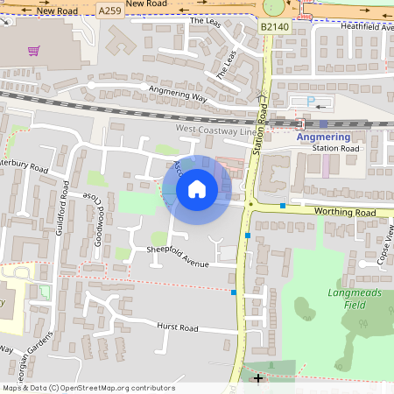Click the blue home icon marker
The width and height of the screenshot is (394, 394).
(197, 188)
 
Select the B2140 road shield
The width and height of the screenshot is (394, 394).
(274, 28)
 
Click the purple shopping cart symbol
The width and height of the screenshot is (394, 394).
(34, 52)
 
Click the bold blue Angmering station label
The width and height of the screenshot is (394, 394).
(323, 137)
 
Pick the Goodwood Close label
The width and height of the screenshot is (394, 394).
(98, 219)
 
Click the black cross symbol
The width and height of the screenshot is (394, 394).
(257, 377)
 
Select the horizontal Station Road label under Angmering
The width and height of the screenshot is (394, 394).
(336, 149)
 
